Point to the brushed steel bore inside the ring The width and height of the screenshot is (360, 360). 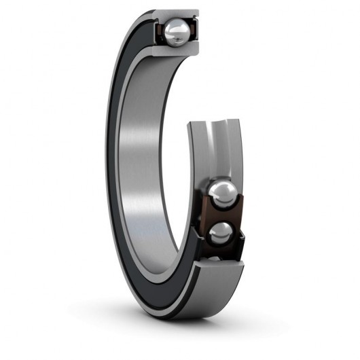pos(146,170)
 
